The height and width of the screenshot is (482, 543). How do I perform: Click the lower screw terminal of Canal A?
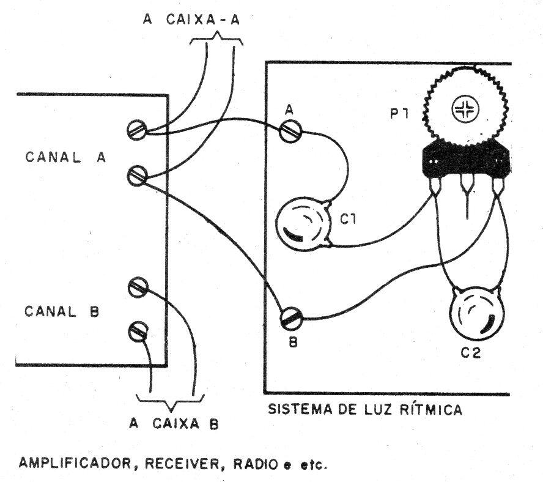click(136, 176)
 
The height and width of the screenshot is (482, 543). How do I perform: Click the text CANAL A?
click(65, 156)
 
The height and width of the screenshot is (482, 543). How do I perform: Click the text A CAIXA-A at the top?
click(191, 20)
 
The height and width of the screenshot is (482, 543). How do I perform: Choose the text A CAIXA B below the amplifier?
click(174, 423)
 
